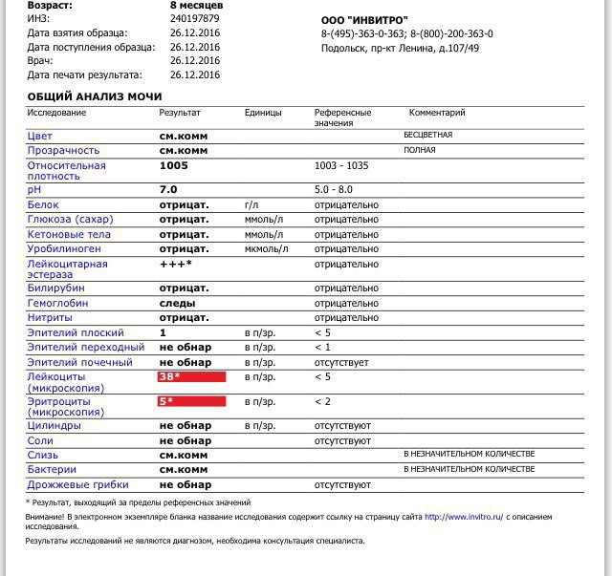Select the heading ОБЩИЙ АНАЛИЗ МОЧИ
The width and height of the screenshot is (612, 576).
tap(95, 96)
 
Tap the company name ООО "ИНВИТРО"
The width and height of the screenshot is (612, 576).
tap(364, 20)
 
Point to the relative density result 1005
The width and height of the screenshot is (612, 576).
tap(174, 165)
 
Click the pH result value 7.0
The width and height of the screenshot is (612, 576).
tap(168, 190)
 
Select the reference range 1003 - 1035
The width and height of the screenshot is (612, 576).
tap(341, 165)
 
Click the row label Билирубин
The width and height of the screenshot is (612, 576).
tap(56, 288)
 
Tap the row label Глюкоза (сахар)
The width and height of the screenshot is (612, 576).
tap(69, 220)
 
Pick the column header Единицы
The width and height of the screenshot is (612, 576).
tap(263, 113)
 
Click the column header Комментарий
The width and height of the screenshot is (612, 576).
tap(437, 113)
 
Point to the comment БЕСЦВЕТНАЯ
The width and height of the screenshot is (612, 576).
tap(427, 135)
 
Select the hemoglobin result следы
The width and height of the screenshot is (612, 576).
tap(178, 303)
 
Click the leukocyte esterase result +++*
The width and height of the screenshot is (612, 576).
tap(176, 264)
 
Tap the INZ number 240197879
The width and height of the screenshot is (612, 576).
tap(195, 18)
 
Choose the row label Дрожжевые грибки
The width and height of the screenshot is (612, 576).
tap(78, 484)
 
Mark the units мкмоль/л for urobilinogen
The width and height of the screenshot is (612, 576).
tap(267, 249)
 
